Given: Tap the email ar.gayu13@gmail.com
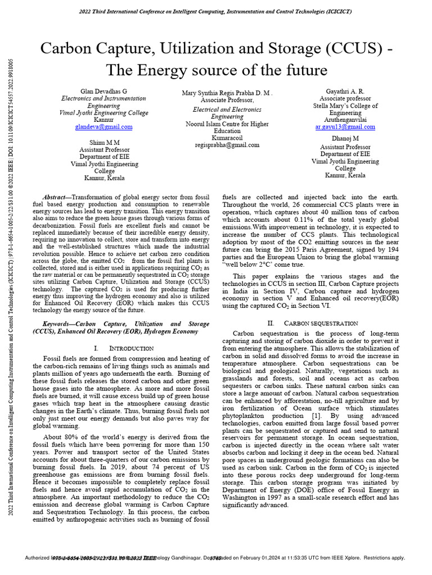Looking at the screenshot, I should pyautogui.click(x=345, y=127).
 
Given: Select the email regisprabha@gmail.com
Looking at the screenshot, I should pyautogui.click(x=227, y=144).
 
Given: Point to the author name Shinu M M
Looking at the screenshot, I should pyautogui.click(x=105, y=143).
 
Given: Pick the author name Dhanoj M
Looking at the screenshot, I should pyautogui.click(x=345, y=138).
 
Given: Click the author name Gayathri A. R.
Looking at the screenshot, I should pyautogui.click(x=345, y=91).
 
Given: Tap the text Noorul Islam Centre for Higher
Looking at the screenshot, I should pyautogui.click(x=227, y=124).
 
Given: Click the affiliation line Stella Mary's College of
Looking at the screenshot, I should pyautogui.click(x=345, y=106).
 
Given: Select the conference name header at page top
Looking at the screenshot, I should pyautogui.click(x=216, y=11).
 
